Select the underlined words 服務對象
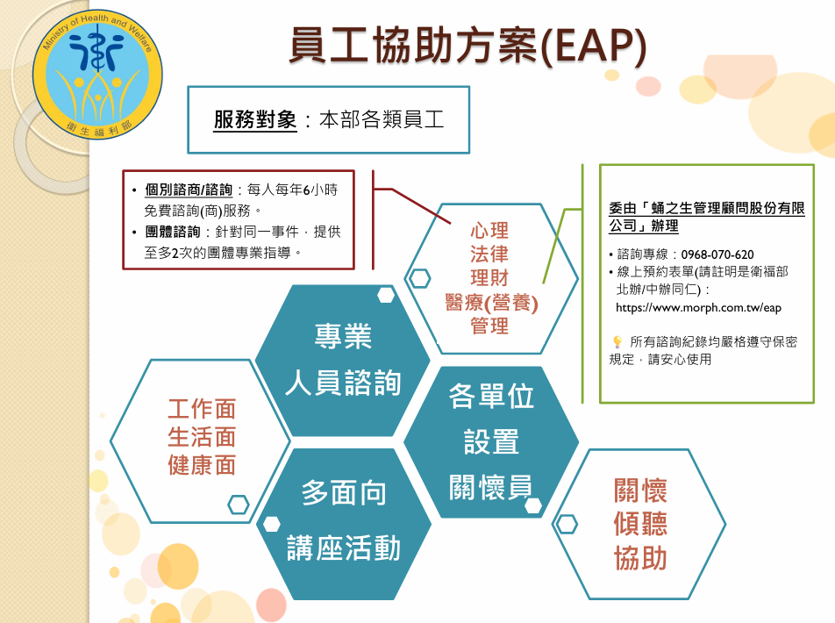point(255,120)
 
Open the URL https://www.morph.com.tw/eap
point(698,308)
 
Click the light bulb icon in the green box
point(617,342)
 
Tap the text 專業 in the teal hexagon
point(344,336)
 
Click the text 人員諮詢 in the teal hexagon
point(344,383)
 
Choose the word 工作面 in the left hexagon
point(202,408)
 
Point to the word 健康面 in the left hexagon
point(202,464)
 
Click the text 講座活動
point(344,548)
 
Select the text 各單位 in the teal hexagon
point(491,396)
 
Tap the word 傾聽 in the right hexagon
point(640,524)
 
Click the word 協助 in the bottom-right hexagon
point(640,558)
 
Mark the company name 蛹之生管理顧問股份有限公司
point(706,218)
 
